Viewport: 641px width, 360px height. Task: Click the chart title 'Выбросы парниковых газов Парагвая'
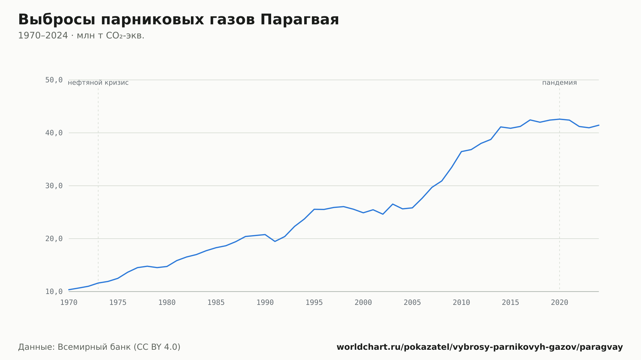179,20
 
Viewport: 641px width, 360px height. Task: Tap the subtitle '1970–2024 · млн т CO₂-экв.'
81,36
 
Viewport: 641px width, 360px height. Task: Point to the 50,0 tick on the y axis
54,80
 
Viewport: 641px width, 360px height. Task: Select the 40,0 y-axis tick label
54,133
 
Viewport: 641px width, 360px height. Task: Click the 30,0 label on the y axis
54,186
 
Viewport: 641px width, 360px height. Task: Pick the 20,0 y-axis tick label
54,239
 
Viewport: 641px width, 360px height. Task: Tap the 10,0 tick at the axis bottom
54,291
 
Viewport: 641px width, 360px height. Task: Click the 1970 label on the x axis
69,303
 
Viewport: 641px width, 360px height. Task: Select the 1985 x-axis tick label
216,303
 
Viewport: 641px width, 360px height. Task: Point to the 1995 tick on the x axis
314,303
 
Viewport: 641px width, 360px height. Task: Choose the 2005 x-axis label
412,303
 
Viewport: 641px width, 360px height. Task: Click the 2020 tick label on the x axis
560,303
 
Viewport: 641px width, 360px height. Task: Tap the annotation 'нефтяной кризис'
98,83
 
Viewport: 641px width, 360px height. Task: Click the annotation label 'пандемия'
560,83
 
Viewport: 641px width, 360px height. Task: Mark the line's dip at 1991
275,241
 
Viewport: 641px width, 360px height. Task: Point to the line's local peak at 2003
393,204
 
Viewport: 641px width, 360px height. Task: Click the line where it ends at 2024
599,125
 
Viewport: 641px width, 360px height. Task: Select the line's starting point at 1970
69,290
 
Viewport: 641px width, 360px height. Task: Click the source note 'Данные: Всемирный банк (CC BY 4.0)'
99,347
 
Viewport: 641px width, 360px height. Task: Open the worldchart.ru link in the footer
480,347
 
